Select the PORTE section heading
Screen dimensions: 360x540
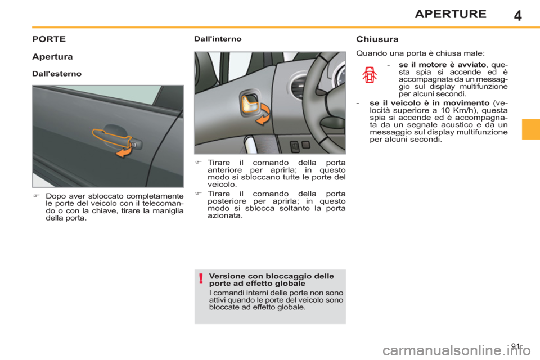[49, 40]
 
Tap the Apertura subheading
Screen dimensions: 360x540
[52, 57]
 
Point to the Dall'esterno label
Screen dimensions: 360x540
[56, 74]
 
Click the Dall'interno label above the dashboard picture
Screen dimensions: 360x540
[218, 40]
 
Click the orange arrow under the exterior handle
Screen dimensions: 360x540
[124, 152]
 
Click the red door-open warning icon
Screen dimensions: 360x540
[370, 75]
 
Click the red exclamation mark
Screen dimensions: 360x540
[200, 278]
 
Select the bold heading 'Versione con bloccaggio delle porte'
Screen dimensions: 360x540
[271, 280]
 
